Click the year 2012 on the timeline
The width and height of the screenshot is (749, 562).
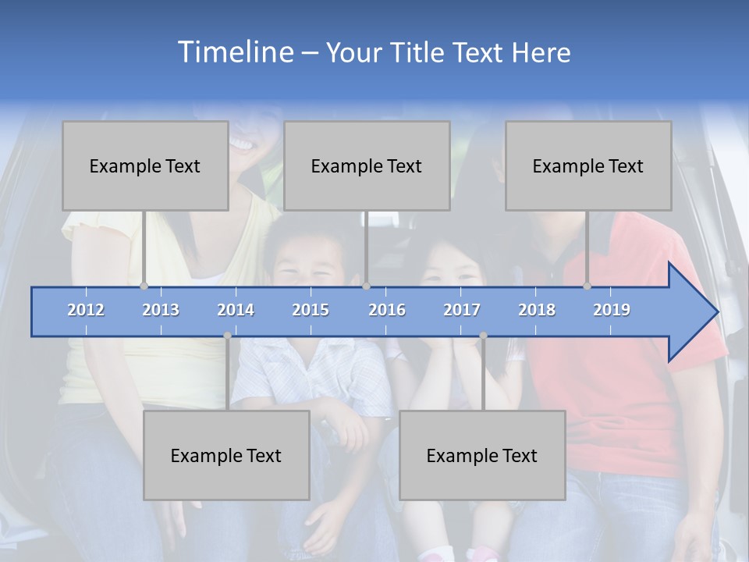(86, 310)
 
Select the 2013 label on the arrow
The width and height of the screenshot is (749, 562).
(161, 310)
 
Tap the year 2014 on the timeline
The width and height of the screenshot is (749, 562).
(236, 310)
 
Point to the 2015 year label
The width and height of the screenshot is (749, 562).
(311, 310)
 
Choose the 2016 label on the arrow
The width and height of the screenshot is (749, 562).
(387, 310)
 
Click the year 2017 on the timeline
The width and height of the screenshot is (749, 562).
(462, 310)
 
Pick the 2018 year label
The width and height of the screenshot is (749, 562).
(537, 310)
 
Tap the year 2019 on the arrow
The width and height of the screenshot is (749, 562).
(612, 310)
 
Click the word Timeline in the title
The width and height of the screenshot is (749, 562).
(234, 52)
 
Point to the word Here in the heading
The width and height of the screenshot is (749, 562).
(541, 53)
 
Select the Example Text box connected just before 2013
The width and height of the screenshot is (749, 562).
(145, 165)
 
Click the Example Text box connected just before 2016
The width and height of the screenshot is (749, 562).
(367, 165)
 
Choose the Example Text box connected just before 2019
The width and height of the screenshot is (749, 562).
(588, 165)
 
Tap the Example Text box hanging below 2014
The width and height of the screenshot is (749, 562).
(226, 455)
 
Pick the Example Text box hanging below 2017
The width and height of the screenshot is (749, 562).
(482, 455)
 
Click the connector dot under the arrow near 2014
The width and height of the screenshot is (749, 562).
(227, 336)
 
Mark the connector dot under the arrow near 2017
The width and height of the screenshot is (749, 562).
(483, 336)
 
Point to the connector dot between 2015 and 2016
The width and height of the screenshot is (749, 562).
(366, 286)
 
